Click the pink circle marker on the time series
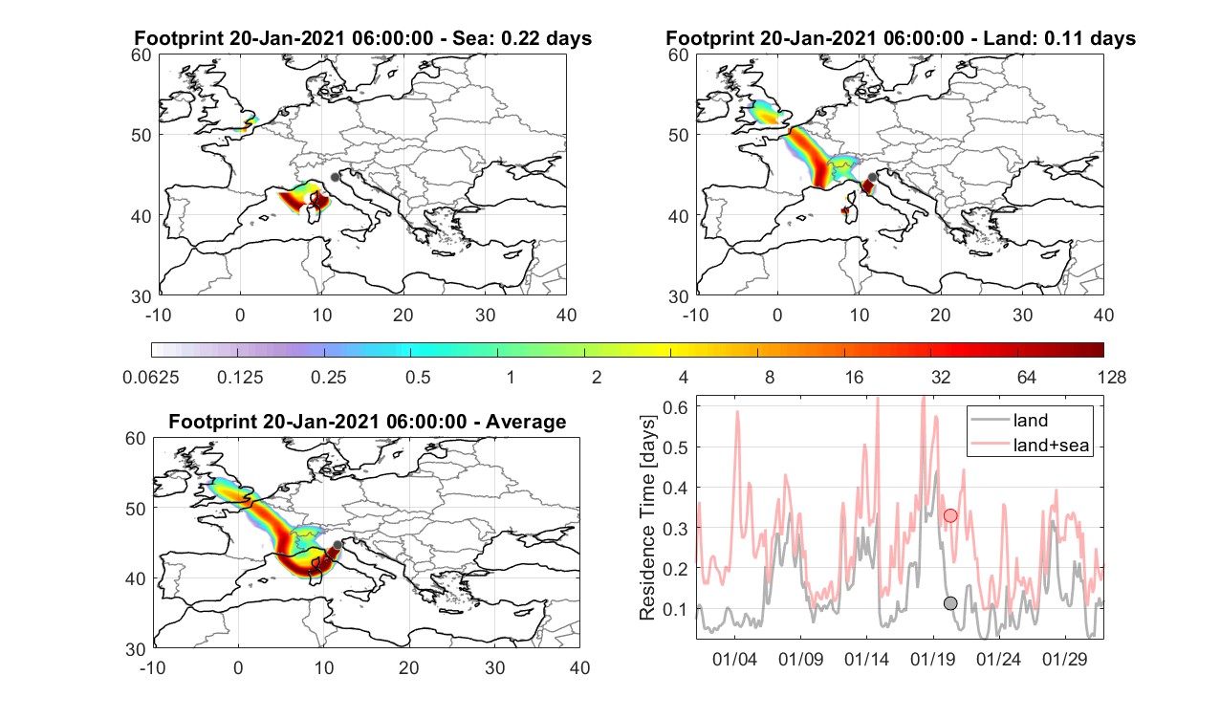[x=950, y=515]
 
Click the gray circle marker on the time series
[x=950, y=603]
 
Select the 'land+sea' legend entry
[x=1031, y=445]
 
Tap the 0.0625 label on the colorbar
[x=151, y=377]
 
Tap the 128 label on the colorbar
[x=1111, y=377]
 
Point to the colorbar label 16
[x=854, y=377]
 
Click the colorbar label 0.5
[x=418, y=377]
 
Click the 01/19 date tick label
[x=932, y=659]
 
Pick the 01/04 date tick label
[x=734, y=659]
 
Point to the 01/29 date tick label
[x=1064, y=659]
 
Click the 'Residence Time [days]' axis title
[x=647, y=517]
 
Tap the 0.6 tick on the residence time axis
[x=675, y=407]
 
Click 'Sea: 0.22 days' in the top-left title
[x=522, y=38]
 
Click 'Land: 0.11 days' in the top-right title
[x=1062, y=38]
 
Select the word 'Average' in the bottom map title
[x=526, y=422]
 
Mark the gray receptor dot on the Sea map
[x=335, y=177]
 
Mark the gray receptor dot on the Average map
[x=338, y=545]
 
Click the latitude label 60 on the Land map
[x=678, y=55]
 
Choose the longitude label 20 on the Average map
[x=409, y=667]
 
